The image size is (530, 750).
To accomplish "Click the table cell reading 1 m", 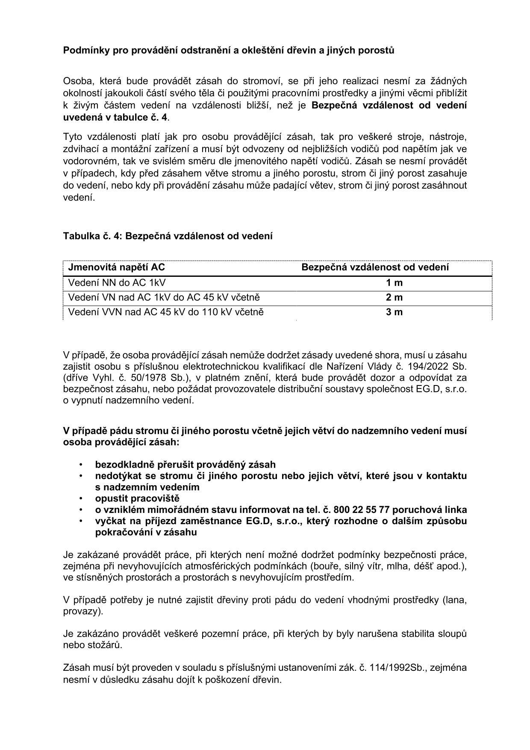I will pyautogui.click(x=394, y=283).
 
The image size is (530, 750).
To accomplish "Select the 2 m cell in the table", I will pyautogui.click(x=394, y=297).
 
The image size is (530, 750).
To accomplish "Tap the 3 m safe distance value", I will pyautogui.click(x=394, y=312).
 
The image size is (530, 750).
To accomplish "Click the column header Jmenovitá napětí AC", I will pyautogui.click(x=116, y=267).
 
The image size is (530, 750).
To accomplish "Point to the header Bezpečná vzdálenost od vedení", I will pyautogui.click(x=375, y=267).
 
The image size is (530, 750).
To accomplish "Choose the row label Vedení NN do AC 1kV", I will pyautogui.click(x=117, y=283).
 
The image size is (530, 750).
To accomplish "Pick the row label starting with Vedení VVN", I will pyautogui.click(x=166, y=312).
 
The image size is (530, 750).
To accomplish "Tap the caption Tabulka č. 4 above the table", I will pyautogui.click(x=92, y=236).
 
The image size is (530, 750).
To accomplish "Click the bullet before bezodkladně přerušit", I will pyautogui.click(x=80, y=465).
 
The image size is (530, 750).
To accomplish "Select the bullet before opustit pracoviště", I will pyautogui.click(x=80, y=498).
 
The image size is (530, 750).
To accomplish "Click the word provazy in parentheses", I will pyautogui.click(x=81, y=611).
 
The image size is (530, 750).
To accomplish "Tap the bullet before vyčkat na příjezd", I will pyautogui.click(x=80, y=521).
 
